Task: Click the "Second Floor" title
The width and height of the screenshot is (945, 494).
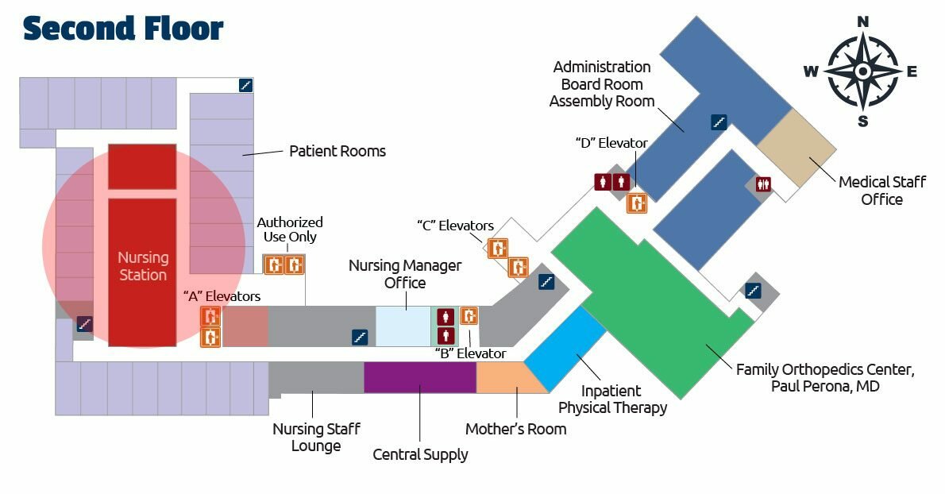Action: (123, 29)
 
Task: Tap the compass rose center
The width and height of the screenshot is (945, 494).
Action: (862, 71)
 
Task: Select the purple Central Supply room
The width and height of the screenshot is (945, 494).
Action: (419, 377)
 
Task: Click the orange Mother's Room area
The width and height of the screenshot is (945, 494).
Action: (508, 378)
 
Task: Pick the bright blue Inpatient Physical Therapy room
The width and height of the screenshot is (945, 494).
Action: (565, 349)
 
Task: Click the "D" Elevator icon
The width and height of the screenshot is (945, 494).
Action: (637, 203)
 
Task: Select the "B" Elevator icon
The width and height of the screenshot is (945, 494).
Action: (469, 316)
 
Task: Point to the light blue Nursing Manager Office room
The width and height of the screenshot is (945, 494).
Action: (403, 326)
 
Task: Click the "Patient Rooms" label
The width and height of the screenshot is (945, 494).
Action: (337, 151)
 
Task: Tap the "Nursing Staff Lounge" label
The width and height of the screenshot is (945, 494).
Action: (316, 437)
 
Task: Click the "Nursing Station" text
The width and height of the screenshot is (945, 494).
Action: (143, 266)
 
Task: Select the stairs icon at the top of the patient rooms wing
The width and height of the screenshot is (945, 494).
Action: (246, 85)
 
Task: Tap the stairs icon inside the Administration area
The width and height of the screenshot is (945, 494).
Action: (719, 122)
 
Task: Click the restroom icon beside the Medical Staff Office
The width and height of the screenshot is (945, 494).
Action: (764, 183)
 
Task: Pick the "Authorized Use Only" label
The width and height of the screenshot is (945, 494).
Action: (290, 230)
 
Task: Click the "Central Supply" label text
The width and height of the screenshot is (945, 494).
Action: (420, 455)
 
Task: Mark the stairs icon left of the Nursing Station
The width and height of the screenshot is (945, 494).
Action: (84, 323)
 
